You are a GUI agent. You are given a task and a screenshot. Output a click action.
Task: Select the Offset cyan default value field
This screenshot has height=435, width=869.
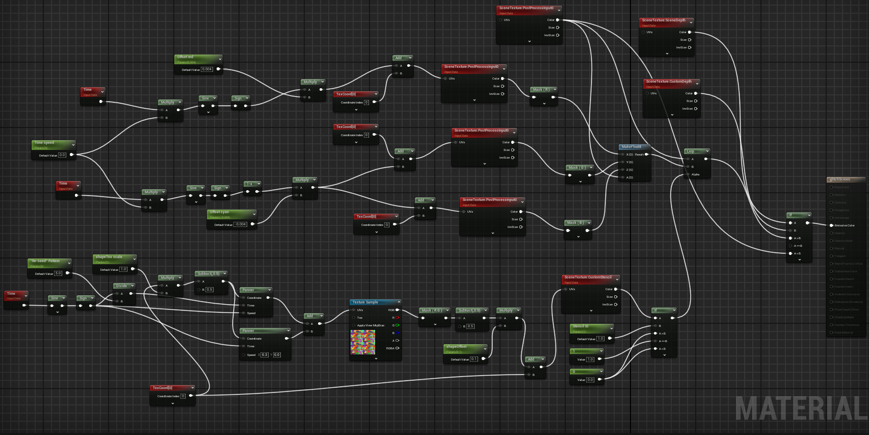point(241,224)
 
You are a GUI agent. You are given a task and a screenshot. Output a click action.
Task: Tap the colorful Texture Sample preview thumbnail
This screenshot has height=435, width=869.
point(363,342)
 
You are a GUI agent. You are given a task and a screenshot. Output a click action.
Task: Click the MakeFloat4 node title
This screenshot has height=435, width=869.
point(631,147)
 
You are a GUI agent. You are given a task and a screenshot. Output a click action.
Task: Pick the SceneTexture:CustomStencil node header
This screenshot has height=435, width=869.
point(588,277)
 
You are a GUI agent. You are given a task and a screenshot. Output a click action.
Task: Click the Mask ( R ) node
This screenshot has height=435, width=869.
point(541,90)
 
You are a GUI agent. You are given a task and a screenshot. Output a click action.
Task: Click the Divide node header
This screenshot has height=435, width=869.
point(122,286)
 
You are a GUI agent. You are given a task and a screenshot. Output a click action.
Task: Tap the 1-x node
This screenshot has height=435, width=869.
point(251,184)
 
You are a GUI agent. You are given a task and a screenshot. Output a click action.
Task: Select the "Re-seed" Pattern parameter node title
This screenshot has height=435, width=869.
point(47,261)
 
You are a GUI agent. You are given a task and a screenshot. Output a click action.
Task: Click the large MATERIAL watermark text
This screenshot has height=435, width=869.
point(800,408)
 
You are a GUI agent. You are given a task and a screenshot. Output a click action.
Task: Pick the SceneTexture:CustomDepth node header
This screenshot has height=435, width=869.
point(669,82)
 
